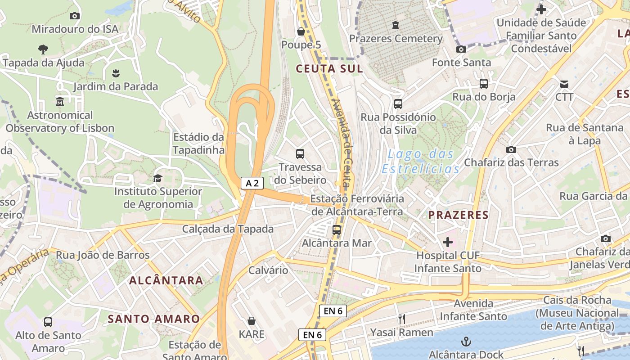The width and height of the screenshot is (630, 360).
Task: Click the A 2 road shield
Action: pyautogui.click(x=252, y=183)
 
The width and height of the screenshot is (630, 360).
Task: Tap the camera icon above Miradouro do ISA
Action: pyautogui.click(x=75, y=16)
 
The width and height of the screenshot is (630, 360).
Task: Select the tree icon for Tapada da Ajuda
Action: pyautogui.click(x=43, y=49)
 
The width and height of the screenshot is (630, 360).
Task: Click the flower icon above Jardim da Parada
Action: pyautogui.click(x=116, y=73)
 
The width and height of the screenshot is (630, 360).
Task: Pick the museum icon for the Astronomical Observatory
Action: pyautogui.click(x=60, y=101)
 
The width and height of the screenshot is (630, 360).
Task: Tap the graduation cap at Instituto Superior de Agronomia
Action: pyautogui.click(x=157, y=178)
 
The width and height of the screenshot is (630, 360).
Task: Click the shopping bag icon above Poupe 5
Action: pyautogui.click(x=301, y=31)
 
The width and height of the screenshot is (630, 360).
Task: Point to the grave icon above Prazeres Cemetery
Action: pyautogui.click(x=396, y=25)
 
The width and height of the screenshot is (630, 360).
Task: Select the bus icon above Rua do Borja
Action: pyautogui.click(x=484, y=83)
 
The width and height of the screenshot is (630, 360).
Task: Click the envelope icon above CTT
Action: pyautogui.click(x=564, y=84)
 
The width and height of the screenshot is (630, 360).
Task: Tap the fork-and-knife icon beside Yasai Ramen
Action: pyautogui.click(x=401, y=319)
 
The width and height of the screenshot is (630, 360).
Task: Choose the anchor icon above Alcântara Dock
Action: pyautogui.click(x=466, y=341)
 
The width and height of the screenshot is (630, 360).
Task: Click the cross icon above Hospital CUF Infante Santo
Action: pyautogui.click(x=448, y=242)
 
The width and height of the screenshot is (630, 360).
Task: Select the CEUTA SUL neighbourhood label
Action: pyautogui.click(x=329, y=69)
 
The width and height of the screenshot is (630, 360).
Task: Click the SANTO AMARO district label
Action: pyautogui.click(x=153, y=319)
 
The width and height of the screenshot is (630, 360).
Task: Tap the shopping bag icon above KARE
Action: pyautogui.click(x=252, y=321)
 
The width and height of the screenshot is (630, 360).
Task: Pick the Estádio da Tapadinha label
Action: pyautogui.click(x=198, y=144)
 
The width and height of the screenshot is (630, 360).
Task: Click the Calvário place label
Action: pyautogui.click(x=268, y=270)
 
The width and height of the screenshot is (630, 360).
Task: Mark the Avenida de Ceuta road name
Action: pyautogui.click(x=342, y=143)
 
